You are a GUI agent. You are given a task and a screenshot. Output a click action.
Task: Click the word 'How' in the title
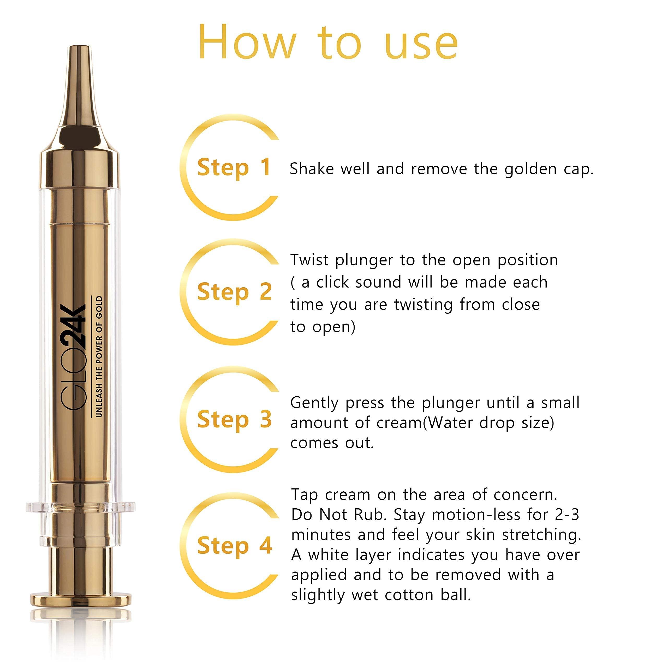point(247,43)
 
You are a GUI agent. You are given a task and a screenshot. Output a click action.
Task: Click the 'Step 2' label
point(234,292)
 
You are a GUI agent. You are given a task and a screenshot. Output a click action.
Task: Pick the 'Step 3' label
point(234,419)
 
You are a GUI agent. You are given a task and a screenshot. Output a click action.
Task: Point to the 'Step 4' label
point(234,546)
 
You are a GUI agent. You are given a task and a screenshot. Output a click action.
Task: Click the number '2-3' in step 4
point(567,515)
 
